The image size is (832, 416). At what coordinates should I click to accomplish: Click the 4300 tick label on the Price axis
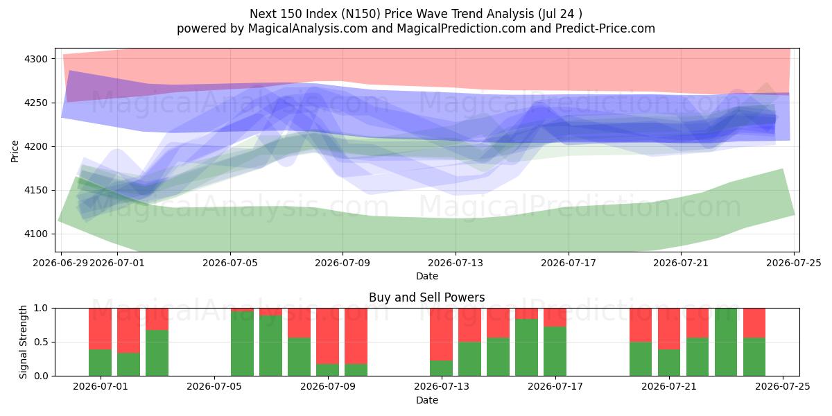tap(36, 59)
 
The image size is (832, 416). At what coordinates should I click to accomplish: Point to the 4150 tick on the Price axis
tap(36, 191)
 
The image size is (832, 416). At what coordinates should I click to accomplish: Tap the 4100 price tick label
tap(36, 234)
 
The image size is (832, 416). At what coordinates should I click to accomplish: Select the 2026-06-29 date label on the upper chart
tap(60, 263)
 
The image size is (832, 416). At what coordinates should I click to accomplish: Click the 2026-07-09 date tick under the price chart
tap(343, 263)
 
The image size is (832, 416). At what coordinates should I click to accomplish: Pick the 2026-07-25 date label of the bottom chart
tap(783, 387)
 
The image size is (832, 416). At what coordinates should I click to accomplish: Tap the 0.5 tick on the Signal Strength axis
tap(41, 342)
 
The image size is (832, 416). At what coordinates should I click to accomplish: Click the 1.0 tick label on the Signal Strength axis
tap(41, 309)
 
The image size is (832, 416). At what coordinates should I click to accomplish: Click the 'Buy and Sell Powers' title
tap(427, 297)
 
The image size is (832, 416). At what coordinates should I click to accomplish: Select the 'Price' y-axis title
tap(15, 151)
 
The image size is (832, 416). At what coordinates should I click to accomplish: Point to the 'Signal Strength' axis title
tap(23, 342)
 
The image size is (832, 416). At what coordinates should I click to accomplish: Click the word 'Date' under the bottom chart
tap(427, 400)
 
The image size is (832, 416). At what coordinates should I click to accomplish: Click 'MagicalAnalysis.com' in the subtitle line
tap(308, 28)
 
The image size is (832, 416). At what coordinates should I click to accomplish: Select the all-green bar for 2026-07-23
tap(726, 342)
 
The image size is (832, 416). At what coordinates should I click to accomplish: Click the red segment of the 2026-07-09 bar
tap(327, 336)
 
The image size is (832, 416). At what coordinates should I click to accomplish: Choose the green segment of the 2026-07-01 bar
tap(101, 363)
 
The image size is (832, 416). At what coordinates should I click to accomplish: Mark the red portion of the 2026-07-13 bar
tap(441, 334)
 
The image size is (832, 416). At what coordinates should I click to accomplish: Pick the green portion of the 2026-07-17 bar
tap(555, 352)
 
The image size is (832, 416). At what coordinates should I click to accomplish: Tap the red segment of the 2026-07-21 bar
tap(669, 329)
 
